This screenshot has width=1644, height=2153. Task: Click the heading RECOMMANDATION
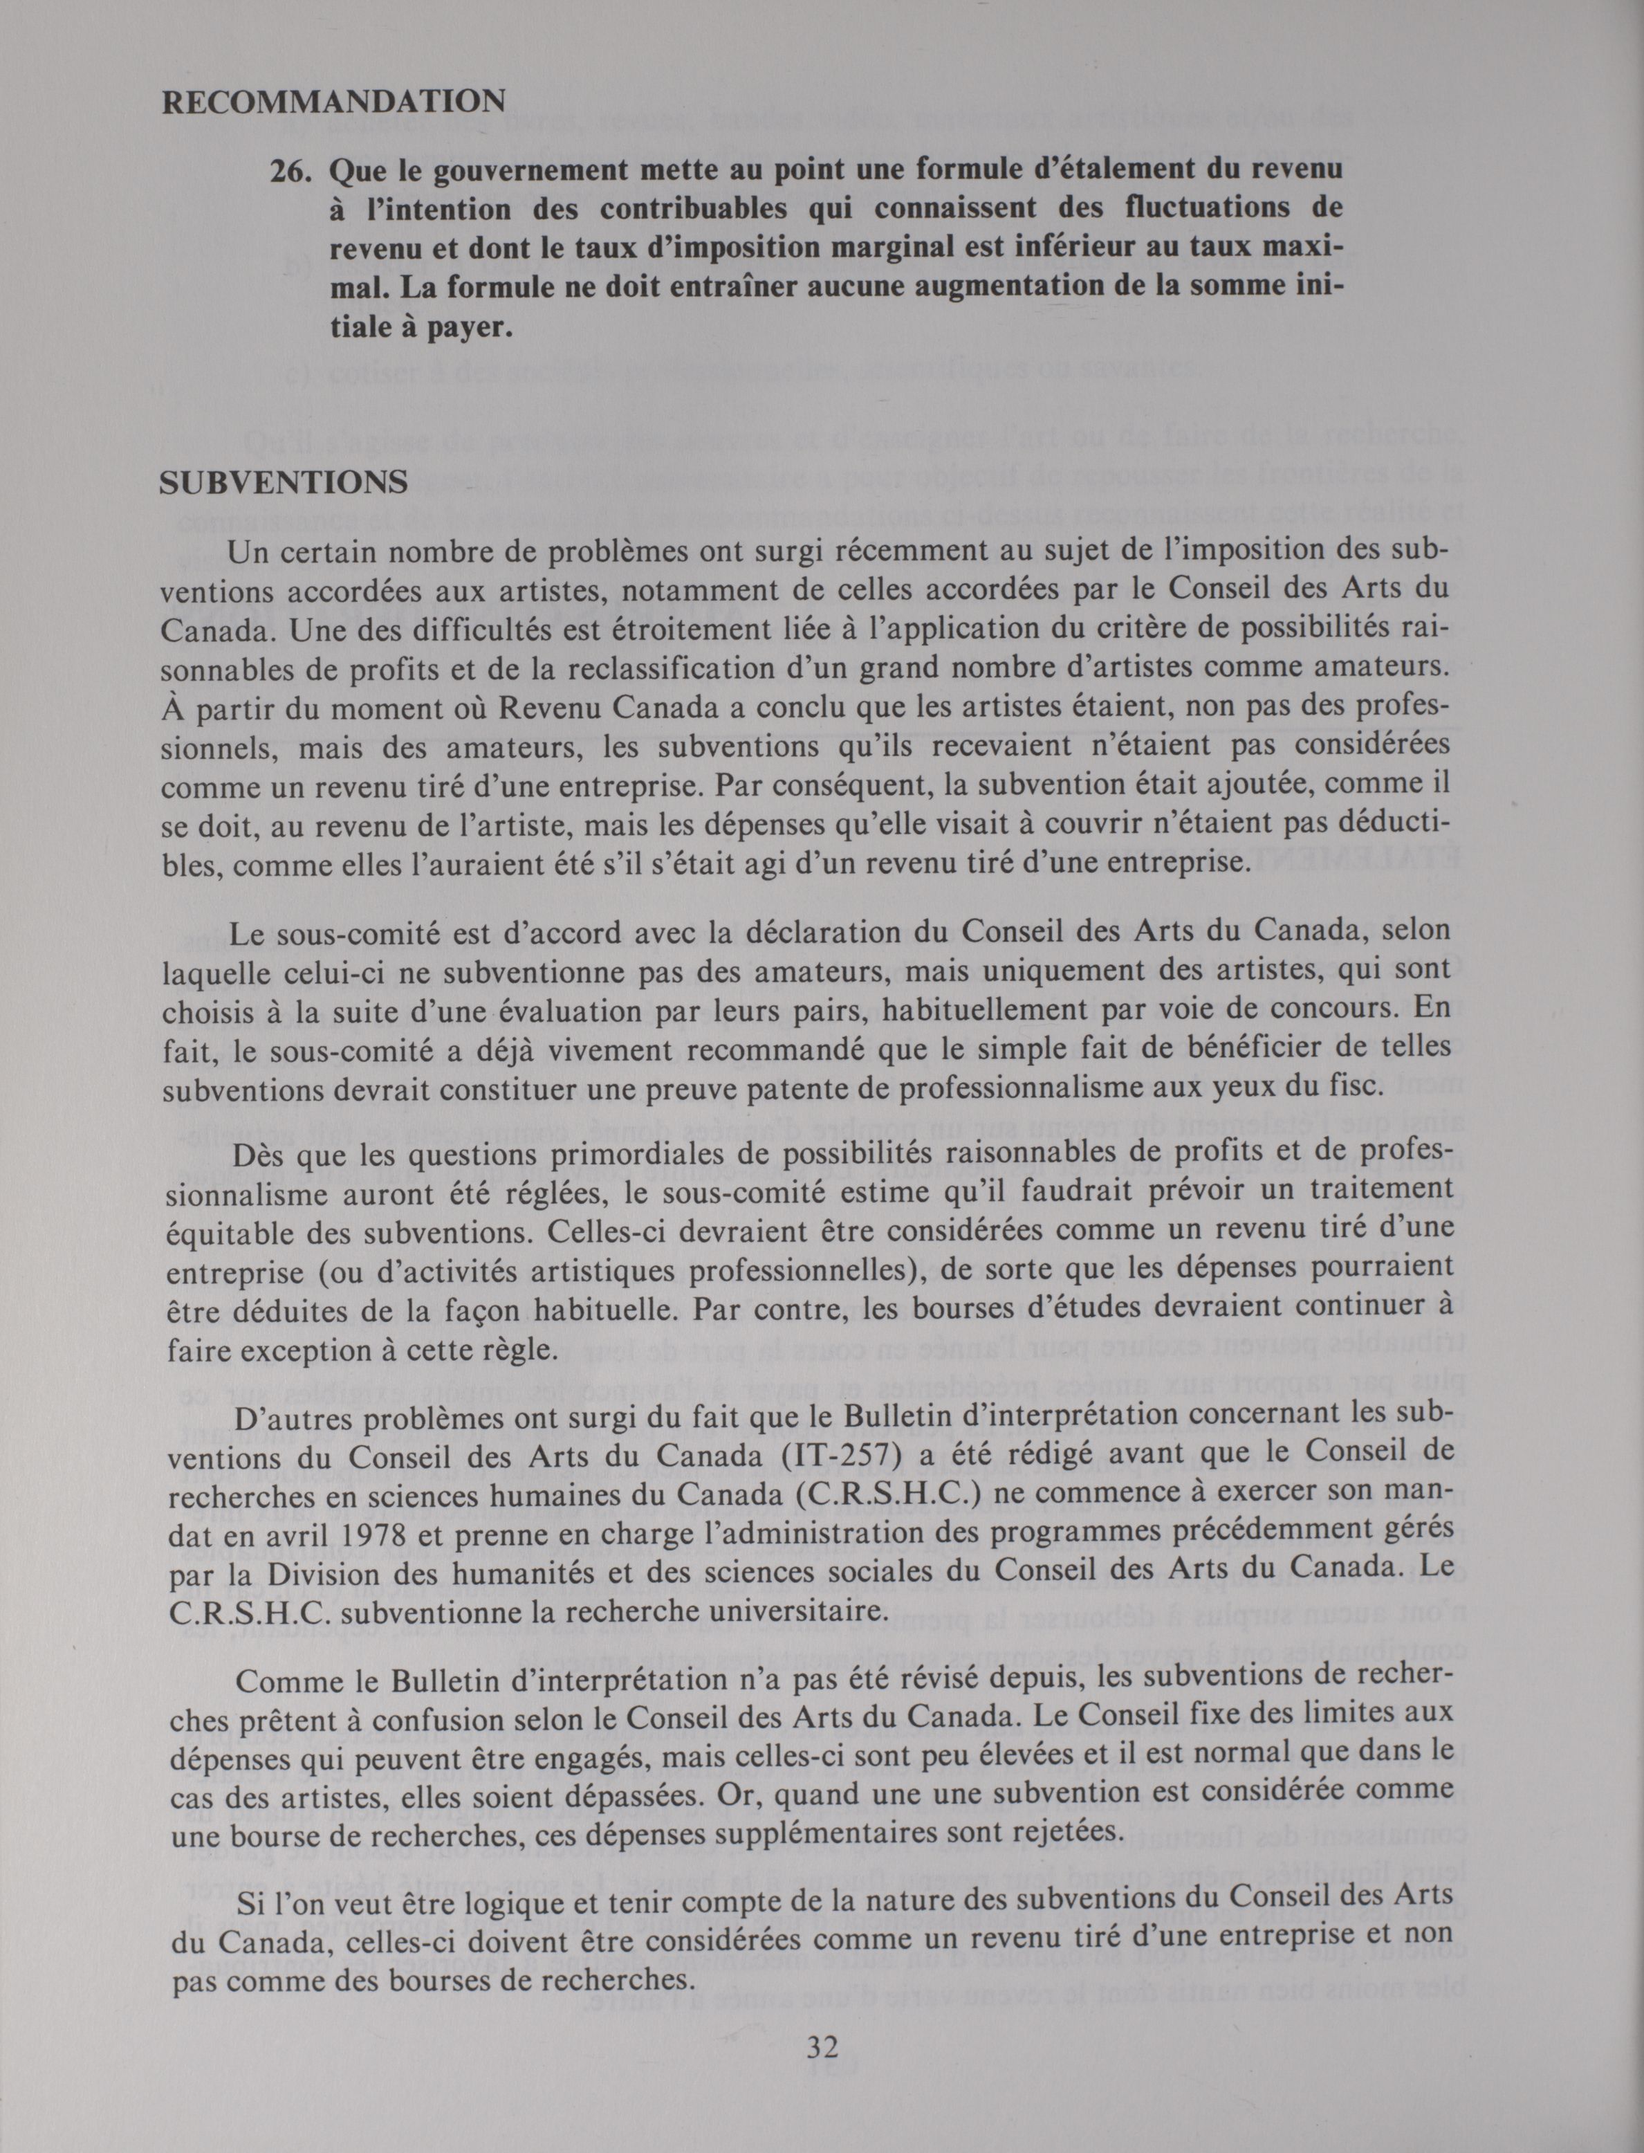pos(333,102)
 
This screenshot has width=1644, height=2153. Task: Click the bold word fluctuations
pos(1172,210)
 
